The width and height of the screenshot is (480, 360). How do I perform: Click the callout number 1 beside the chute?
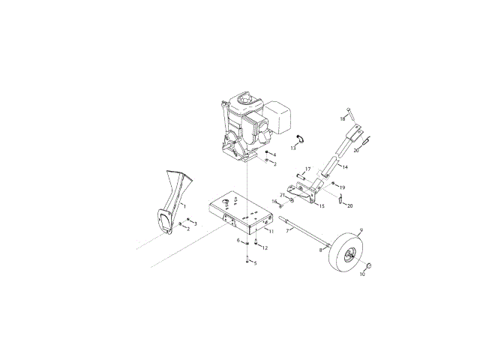[184, 207]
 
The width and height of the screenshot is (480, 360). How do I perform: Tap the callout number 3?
[196, 223]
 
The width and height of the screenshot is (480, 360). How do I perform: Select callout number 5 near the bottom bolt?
[256, 263]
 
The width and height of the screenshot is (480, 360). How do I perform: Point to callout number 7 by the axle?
[287, 231]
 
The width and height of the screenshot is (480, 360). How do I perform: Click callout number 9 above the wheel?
[361, 229]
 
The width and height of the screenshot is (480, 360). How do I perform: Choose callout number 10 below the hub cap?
[362, 274]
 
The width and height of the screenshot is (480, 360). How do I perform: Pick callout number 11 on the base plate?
[271, 232]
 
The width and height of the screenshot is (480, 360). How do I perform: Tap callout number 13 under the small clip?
[293, 148]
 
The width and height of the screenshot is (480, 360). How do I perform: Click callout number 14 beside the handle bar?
[345, 167]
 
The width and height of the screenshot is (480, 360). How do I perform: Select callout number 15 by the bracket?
[322, 206]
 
